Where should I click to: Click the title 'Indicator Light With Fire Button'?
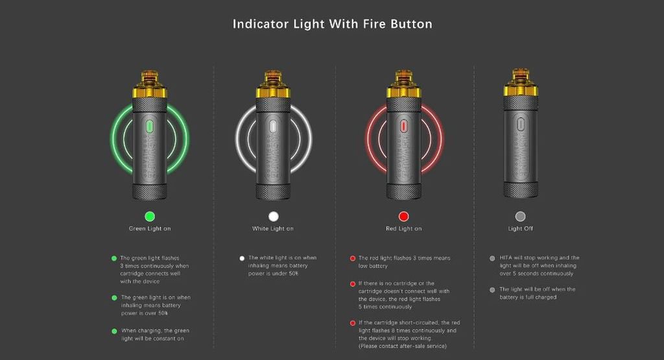pyautogui.click(x=333, y=24)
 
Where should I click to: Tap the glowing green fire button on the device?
pyautogui.click(x=150, y=126)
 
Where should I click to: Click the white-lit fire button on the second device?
pyautogui.click(x=273, y=126)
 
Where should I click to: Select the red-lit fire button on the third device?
pyautogui.click(x=403, y=126)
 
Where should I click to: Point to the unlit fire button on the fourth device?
pyautogui.click(x=521, y=125)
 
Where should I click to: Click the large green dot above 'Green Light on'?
pyautogui.click(x=150, y=217)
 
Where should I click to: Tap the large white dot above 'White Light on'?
pyautogui.click(x=274, y=217)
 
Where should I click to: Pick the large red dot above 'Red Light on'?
pyautogui.click(x=403, y=217)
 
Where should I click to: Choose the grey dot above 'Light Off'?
pyautogui.click(x=521, y=217)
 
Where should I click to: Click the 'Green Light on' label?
pyautogui.click(x=150, y=229)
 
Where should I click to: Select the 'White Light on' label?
pyautogui.click(x=273, y=229)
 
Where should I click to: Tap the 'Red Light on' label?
pyautogui.click(x=403, y=229)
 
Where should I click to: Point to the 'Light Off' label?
pyautogui.click(x=521, y=229)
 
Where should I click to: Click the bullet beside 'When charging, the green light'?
pyautogui.click(x=114, y=331)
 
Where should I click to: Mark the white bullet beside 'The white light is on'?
pyautogui.click(x=242, y=258)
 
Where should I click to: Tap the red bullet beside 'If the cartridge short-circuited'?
pyautogui.click(x=352, y=323)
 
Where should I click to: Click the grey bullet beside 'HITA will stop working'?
pyautogui.click(x=492, y=258)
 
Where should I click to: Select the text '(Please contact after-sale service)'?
pyautogui.click(x=402, y=346)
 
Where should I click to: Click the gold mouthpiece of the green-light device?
pyautogui.click(x=150, y=84)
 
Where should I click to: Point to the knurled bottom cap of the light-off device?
pyautogui.click(x=521, y=189)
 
